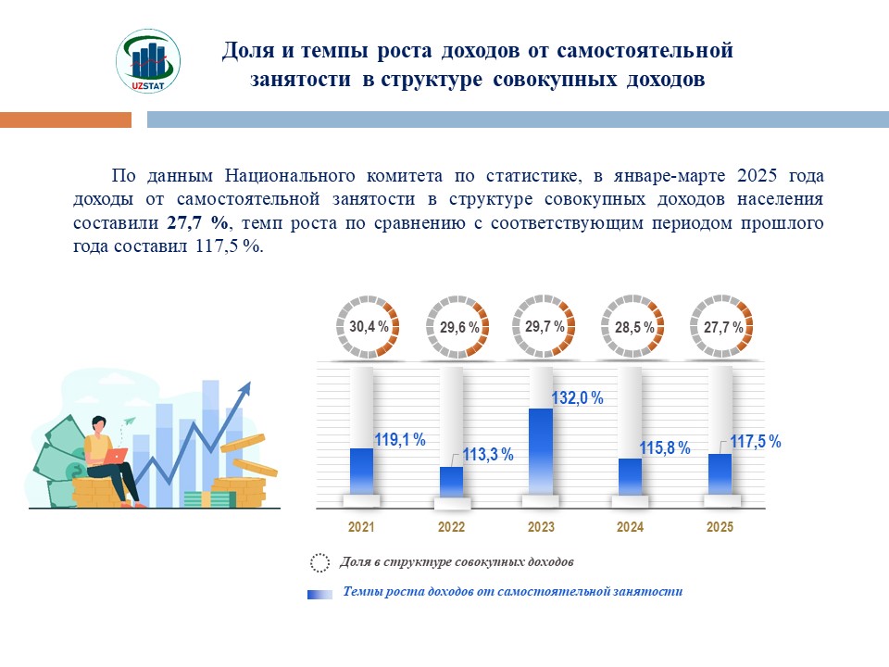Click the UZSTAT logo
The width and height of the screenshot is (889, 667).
click(148, 61)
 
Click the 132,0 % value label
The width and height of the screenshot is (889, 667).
click(577, 398)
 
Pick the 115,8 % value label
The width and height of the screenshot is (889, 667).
click(665, 448)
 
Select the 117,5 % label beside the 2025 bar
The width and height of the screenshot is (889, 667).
click(756, 442)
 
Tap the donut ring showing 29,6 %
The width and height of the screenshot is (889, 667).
click(454, 327)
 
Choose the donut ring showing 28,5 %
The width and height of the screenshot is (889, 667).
click(634, 327)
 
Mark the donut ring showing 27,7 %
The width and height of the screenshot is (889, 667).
click(723, 327)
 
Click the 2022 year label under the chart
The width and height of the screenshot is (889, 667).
click(451, 527)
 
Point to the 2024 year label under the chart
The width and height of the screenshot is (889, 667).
click(630, 527)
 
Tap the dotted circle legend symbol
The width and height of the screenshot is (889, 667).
click(319, 562)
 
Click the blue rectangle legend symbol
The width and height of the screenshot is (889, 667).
click(319, 594)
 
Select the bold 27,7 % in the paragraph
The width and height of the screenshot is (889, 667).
click(197, 223)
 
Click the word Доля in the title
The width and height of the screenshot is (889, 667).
click(244, 50)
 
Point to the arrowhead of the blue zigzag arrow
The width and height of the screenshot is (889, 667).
click(246, 388)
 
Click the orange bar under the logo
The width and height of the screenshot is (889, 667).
click(66, 120)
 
